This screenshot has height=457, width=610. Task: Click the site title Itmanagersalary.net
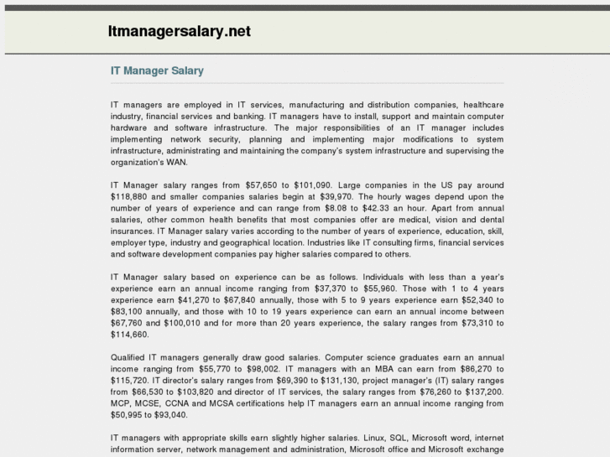coord(179,32)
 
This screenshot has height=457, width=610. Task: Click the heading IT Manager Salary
coord(157,71)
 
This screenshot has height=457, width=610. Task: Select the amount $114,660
coord(129,335)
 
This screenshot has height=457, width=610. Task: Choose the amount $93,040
coord(168,415)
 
